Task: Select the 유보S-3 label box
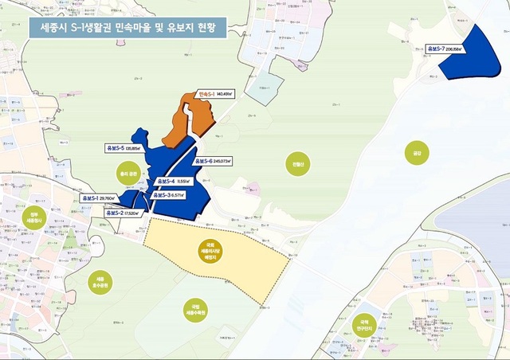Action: pos(170,196)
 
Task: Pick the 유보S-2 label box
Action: pos(123,213)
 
